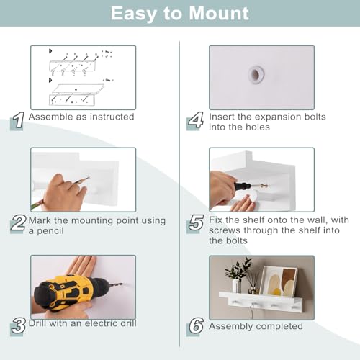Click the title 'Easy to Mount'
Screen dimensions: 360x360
[x=179, y=13]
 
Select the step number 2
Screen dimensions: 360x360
[x=18, y=224]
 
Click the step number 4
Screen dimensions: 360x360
[x=196, y=120]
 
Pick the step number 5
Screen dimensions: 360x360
[x=196, y=224]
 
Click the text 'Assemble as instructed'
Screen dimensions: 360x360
[x=81, y=117]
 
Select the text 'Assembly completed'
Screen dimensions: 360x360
[x=256, y=327]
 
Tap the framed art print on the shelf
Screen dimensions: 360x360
[x=278, y=280]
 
